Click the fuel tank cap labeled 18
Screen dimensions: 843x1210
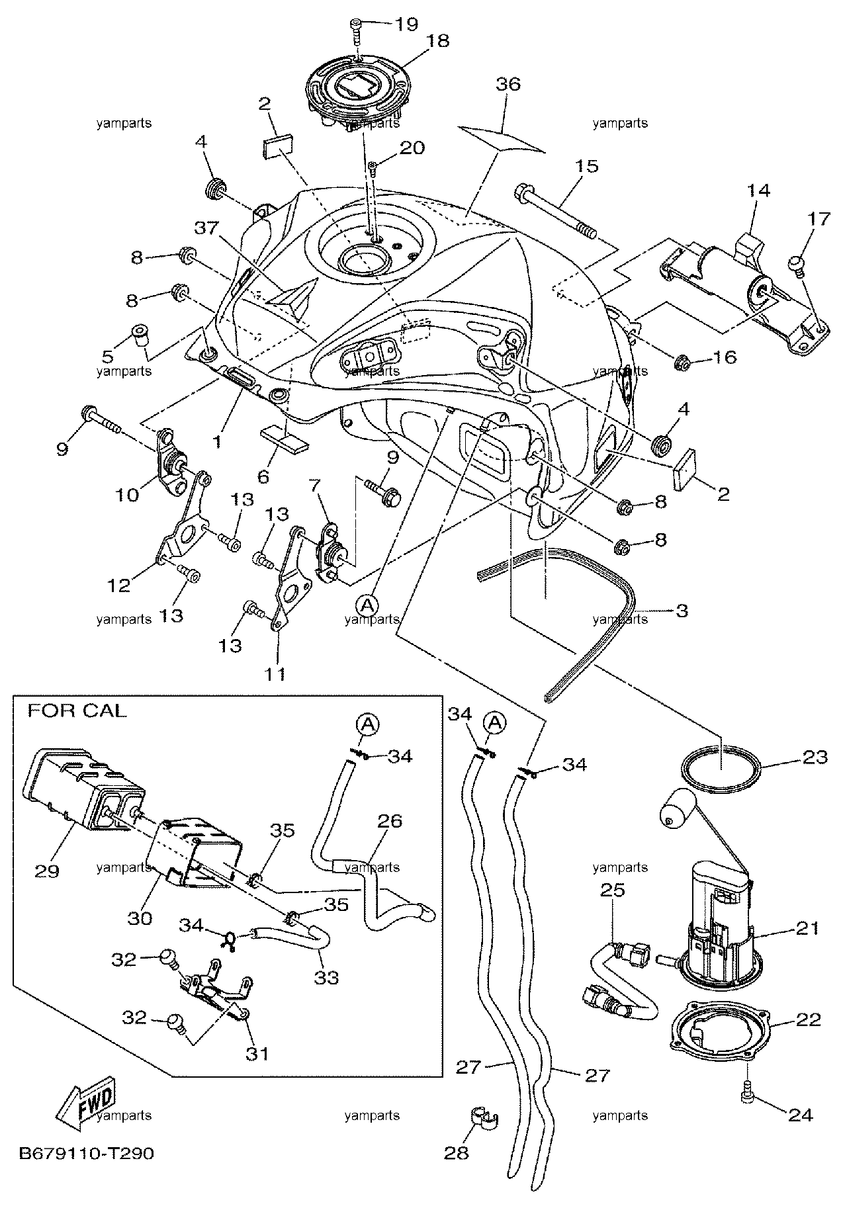coord(355,89)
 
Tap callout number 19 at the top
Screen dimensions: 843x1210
coord(406,24)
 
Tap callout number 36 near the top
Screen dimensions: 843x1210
coord(508,84)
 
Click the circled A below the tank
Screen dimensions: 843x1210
coord(368,603)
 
